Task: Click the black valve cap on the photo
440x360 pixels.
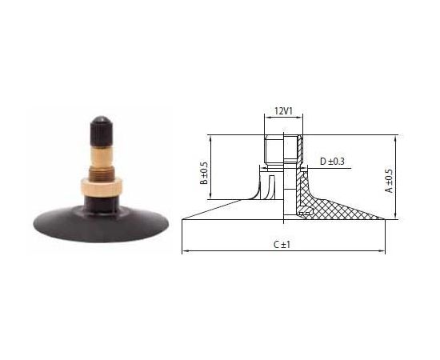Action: point(102,131)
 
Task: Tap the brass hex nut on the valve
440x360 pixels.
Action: point(102,187)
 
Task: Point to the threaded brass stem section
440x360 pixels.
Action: point(101,173)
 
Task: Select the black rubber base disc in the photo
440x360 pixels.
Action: point(101,224)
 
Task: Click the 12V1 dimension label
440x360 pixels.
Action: point(283,111)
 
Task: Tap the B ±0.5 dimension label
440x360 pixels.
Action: point(204,174)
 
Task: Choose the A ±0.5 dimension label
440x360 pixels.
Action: point(390,181)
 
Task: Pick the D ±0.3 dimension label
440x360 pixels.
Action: point(332,162)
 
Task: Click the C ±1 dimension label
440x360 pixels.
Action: point(282,245)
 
